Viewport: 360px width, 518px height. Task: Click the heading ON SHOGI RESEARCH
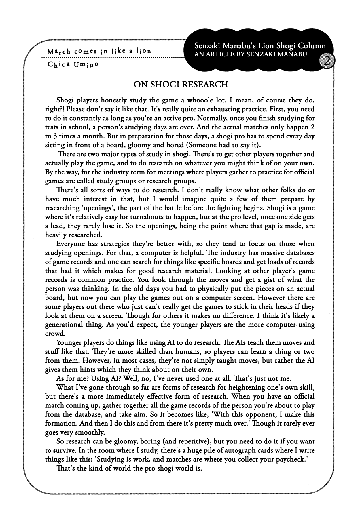[181, 84]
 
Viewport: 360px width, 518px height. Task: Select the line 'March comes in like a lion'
[99, 52]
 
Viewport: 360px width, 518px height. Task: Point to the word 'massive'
[272, 253]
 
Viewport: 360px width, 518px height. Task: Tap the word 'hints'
[88, 370]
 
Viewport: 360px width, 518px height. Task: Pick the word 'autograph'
[245, 450]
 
